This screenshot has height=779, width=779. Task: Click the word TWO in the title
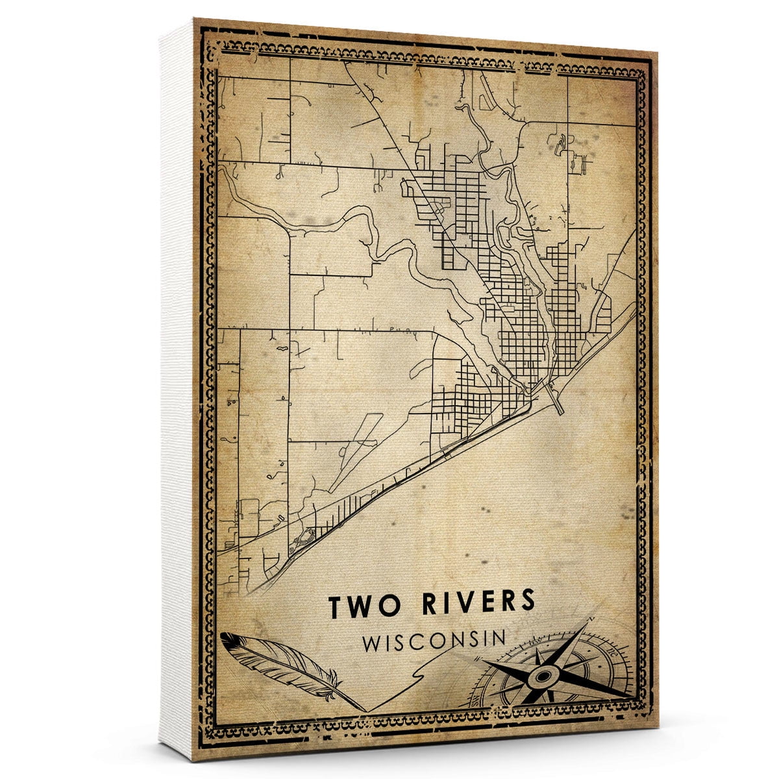coord(361,605)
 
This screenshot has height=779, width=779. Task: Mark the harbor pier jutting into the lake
coord(556,399)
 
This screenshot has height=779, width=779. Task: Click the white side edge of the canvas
coord(177,389)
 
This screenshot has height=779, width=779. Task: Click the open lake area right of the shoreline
coord(519,506)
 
